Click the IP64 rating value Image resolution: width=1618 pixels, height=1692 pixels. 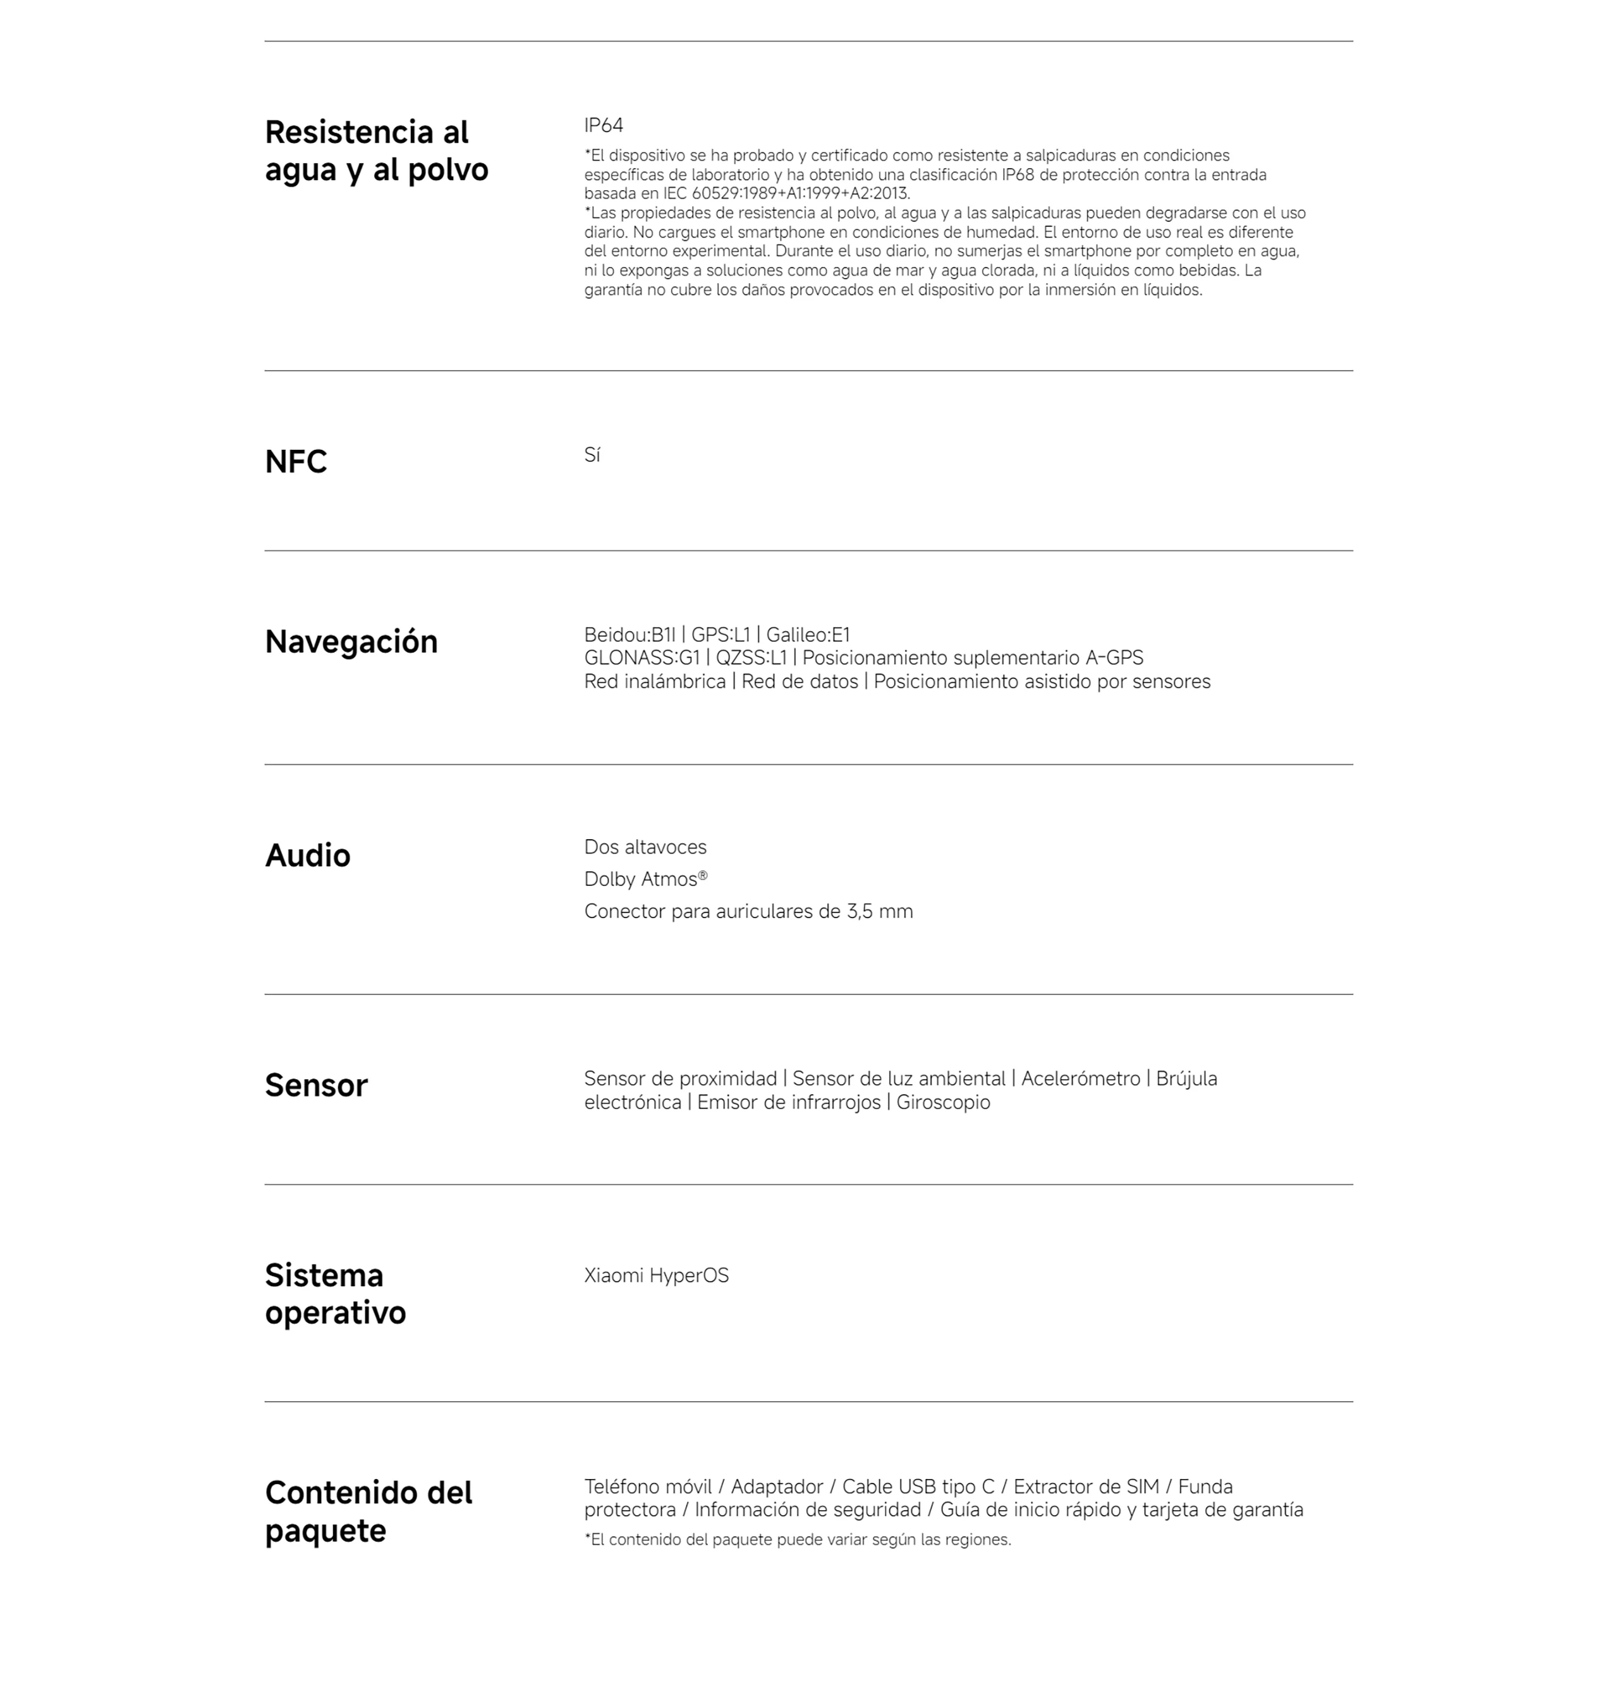[x=603, y=126]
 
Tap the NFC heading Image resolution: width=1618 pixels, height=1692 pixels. [x=296, y=462]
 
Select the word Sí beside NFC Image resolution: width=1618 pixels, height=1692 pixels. [x=592, y=456]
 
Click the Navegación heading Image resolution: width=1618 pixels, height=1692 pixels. [x=351, y=643]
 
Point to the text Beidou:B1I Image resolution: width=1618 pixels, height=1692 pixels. [x=630, y=636]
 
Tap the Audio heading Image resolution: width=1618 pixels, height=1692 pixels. [x=307, y=856]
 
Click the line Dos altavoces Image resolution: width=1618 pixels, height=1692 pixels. [x=645, y=848]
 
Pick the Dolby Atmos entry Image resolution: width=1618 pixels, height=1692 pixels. [x=645, y=879]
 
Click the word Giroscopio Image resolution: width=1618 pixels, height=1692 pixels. [x=943, y=1103]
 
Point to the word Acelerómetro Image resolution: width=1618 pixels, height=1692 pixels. [x=1081, y=1080]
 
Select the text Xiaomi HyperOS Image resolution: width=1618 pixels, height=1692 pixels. [x=656, y=1276]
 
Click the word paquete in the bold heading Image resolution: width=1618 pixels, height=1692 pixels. [x=325, y=1532]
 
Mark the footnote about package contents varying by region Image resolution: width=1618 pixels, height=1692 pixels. [x=797, y=1540]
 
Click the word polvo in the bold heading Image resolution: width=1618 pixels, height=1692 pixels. [x=447, y=170]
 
